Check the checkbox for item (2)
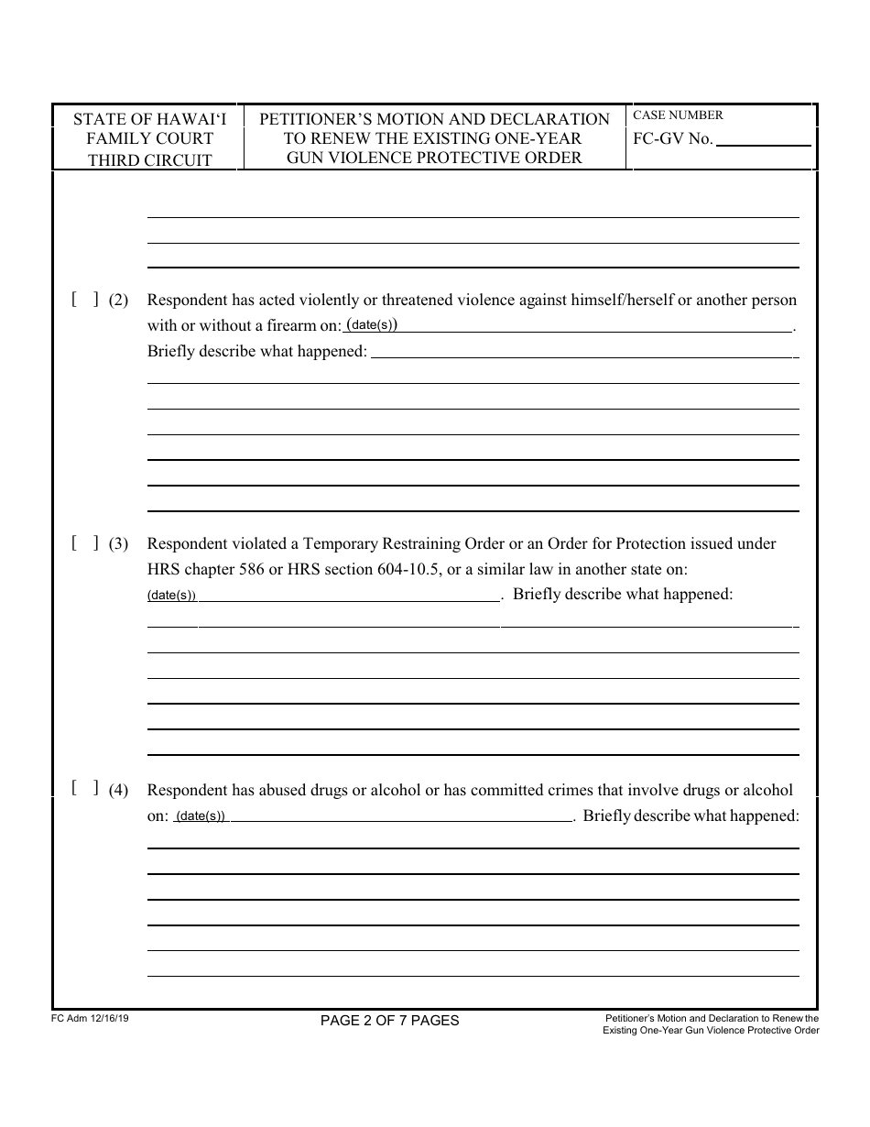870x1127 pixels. pos(85,300)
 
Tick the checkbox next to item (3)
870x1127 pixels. pos(85,543)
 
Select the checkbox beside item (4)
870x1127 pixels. pos(85,789)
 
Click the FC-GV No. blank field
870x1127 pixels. pos(763,139)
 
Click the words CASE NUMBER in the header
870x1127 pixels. pos(678,115)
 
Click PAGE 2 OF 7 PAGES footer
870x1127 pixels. pos(390,1020)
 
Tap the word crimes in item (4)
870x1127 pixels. pos(571,790)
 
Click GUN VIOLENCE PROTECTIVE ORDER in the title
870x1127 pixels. pos(433,158)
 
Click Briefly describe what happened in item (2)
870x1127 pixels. pos(256,351)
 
